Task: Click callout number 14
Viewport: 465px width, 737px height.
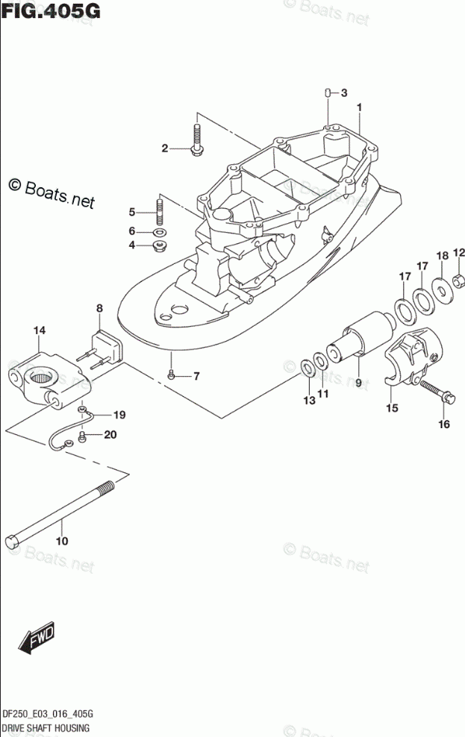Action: click(x=40, y=330)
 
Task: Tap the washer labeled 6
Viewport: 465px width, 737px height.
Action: click(x=158, y=231)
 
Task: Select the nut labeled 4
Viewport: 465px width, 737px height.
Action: click(x=158, y=245)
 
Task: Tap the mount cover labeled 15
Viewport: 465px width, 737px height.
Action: click(x=411, y=357)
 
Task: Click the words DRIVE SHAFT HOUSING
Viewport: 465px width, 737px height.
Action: click(x=46, y=727)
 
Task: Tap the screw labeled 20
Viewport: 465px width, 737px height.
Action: click(x=83, y=436)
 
